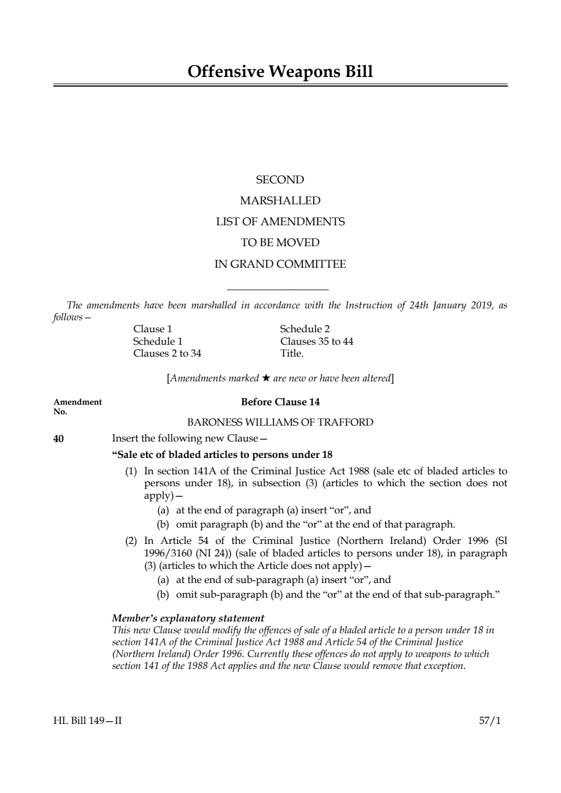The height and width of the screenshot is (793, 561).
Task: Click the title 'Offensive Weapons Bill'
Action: [280, 72]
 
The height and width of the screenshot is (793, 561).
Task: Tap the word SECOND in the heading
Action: [280, 180]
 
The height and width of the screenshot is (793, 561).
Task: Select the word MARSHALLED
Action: [280, 201]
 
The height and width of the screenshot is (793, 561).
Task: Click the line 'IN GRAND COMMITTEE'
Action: [280, 264]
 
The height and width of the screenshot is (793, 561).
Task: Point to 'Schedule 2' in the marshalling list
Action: [305, 329]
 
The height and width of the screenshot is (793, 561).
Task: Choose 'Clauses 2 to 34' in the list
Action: [167, 354]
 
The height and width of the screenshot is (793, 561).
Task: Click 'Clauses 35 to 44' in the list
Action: [316, 342]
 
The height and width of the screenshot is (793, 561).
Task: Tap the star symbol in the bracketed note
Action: [266, 378]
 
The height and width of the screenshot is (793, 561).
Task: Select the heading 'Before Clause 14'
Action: [280, 402]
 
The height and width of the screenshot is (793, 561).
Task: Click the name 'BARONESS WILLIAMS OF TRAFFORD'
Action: [280, 422]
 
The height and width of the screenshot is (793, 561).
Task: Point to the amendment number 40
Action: [58, 439]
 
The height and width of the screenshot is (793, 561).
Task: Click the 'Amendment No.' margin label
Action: [78, 406]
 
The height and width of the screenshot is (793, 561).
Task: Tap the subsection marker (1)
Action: [131, 471]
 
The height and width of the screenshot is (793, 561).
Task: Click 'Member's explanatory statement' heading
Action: [188, 618]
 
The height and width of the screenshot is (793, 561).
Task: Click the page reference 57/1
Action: [490, 721]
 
